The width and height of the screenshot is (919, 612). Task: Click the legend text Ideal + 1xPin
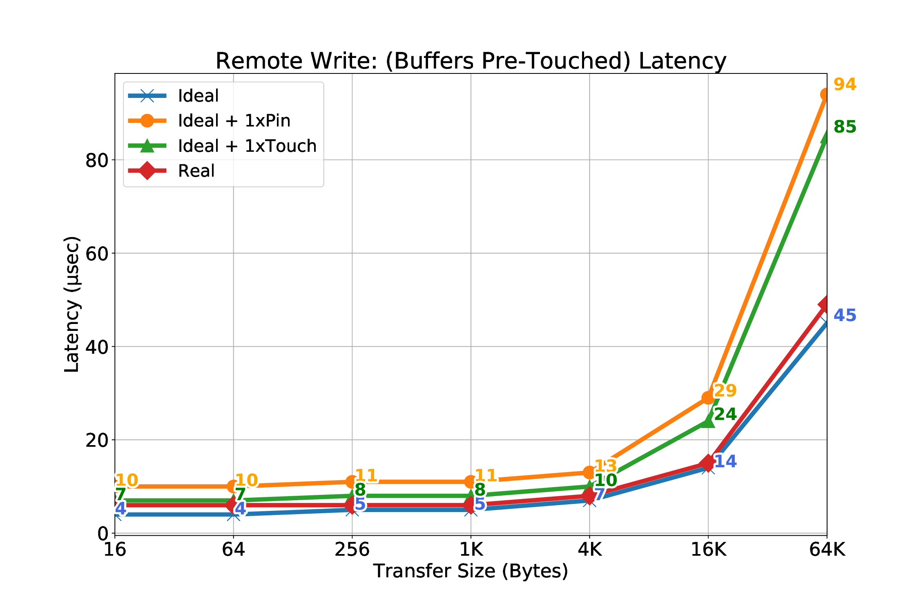pos(234,121)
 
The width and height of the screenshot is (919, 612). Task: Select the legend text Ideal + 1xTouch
pos(247,146)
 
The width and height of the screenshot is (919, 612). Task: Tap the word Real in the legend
pos(196,171)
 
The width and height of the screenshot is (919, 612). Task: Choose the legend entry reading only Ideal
pos(198,96)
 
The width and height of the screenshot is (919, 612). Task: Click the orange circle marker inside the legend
pos(147,121)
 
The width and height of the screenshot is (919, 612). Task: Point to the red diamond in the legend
pos(147,171)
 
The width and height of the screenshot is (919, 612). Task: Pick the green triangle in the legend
pos(147,146)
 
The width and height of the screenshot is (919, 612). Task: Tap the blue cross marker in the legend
pos(147,96)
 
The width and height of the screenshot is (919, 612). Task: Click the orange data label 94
pos(845,84)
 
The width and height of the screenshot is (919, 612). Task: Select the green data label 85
pos(845,127)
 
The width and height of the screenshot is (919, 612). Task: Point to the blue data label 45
pos(845,315)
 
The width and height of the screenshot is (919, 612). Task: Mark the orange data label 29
pos(725,390)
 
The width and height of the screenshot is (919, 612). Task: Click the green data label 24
pos(725,414)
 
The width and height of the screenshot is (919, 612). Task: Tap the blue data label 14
pos(725,461)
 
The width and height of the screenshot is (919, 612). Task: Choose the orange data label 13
pos(606,466)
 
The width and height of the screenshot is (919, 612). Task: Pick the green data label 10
pos(606,480)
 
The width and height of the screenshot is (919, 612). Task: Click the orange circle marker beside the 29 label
pos(708,397)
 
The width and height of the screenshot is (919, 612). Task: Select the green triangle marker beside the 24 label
pos(708,421)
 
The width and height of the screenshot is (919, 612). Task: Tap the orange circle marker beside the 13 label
pos(589,472)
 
